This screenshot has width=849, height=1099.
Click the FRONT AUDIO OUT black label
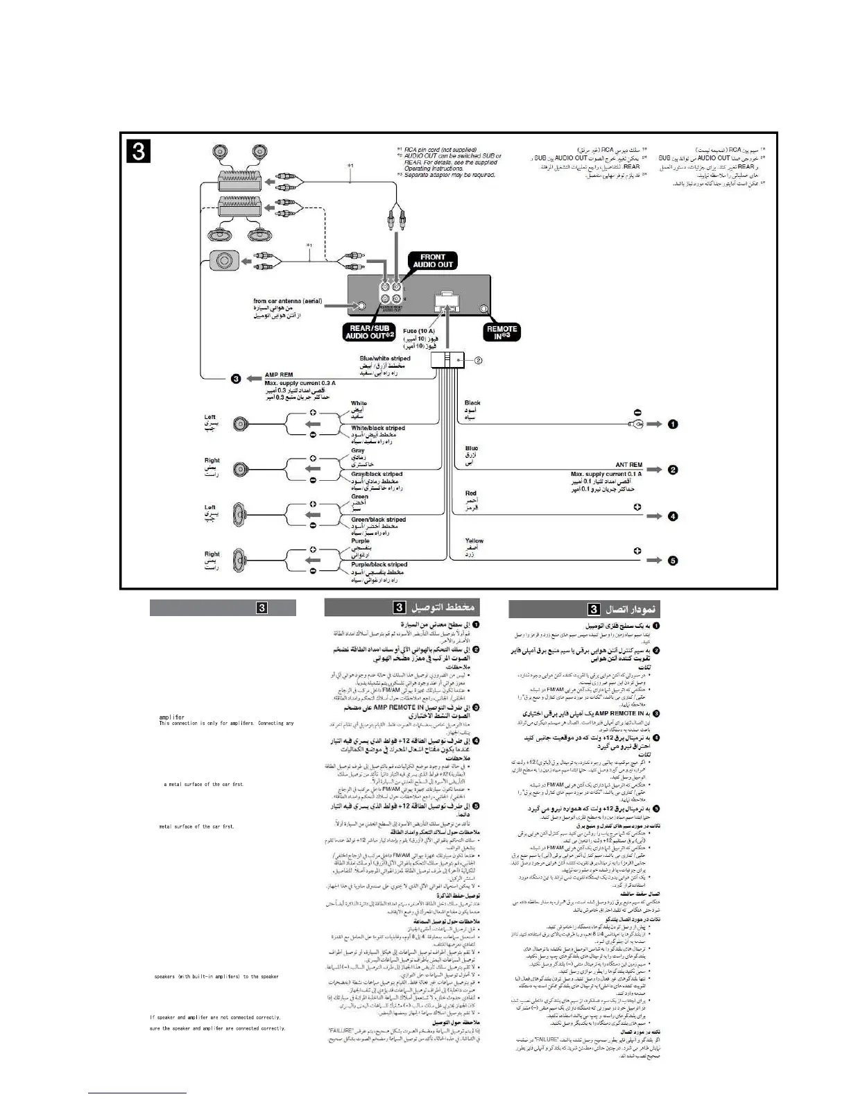pyautogui.click(x=434, y=261)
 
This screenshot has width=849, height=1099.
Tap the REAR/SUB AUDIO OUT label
pyautogui.click(x=370, y=332)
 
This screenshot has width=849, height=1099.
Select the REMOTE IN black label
pyautogui.click(x=502, y=332)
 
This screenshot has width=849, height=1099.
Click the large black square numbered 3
pyautogui.click(x=139, y=151)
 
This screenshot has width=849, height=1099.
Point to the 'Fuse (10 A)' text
pyautogui.click(x=419, y=332)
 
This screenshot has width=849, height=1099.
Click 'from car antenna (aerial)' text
pyautogui.click(x=287, y=301)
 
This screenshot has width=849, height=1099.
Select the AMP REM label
pyautogui.click(x=279, y=375)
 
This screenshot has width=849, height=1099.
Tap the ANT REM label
pyautogui.click(x=628, y=465)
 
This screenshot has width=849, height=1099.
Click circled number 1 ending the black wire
pyautogui.click(x=672, y=424)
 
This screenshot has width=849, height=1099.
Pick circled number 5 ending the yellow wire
pyautogui.click(x=672, y=561)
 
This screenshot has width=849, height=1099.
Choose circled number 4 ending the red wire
pyautogui.click(x=672, y=516)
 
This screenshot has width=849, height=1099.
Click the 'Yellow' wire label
pyautogui.click(x=474, y=540)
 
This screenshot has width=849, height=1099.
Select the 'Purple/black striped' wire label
pyautogui.click(x=379, y=565)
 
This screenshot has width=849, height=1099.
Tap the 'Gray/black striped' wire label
pyautogui.click(x=377, y=475)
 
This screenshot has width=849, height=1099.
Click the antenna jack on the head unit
pyautogui.click(x=360, y=306)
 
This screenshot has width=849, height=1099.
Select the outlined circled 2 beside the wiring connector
pyautogui.click(x=478, y=360)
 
